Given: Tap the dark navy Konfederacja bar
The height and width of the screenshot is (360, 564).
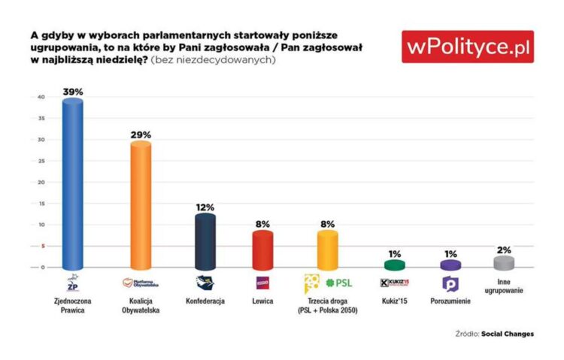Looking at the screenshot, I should click(205, 241).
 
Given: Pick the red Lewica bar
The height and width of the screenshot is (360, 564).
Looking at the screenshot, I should click(262, 250).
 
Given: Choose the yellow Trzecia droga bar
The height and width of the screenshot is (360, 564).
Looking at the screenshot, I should click(328, 250).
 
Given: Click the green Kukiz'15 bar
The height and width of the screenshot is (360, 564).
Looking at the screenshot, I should click(395, 265).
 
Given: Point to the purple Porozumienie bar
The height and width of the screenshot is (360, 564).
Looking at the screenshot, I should click(450, 265).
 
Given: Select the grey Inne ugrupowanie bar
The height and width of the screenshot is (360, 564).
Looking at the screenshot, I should click(505, 262).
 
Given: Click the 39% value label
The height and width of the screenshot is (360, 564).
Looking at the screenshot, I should click(72, 92).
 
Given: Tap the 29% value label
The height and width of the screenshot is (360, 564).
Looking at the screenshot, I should click(141, 135).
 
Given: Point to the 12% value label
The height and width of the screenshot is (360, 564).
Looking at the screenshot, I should click(205, 207).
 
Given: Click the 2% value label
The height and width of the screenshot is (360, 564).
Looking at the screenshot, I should click(505, 249).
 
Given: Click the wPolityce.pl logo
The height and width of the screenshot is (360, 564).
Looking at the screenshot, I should click(468, 47).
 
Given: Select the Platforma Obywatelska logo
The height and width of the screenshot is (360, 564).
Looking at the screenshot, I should click(141, 283).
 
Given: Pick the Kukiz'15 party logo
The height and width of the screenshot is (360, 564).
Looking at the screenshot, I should click(395, 283).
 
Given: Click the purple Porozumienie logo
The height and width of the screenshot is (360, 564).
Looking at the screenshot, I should click(450, 283).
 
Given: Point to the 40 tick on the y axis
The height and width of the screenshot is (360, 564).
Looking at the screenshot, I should click(42, 98).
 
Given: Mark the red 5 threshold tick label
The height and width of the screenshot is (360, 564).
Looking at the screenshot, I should click(44, 246).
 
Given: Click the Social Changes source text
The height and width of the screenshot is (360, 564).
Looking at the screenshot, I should click(509, 333).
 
